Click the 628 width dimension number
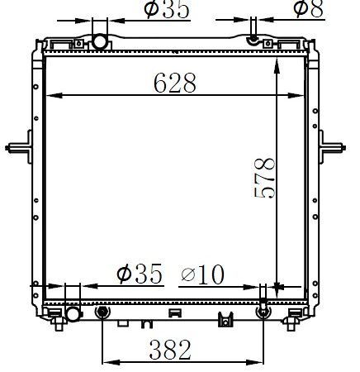[175, 83]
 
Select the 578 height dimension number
[265, 178]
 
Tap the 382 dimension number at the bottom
[170, 350]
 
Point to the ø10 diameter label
[203, 274]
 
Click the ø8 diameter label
[309, 9]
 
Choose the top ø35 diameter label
[167, 10]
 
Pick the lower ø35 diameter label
[140, 274]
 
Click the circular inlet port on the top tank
[99, 42]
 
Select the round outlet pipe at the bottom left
[73, 314]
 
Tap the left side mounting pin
[19, 148]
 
